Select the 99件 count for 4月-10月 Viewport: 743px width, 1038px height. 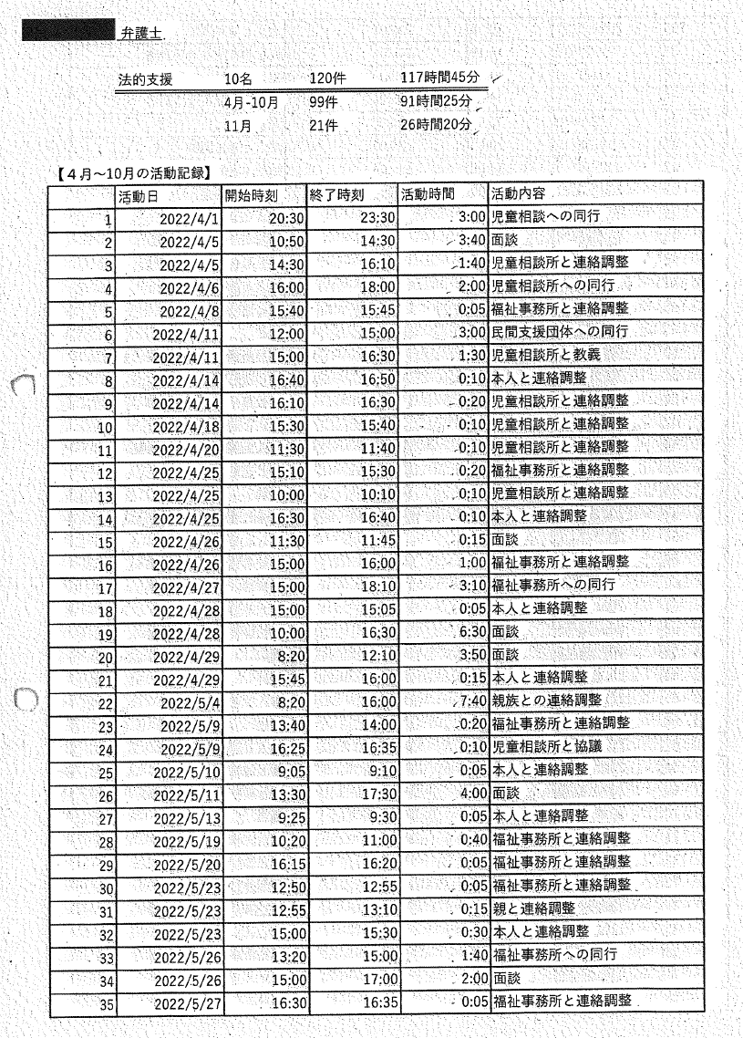point(323,102)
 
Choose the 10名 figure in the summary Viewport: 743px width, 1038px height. point(239,79)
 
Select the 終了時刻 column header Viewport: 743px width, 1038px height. point(339,195)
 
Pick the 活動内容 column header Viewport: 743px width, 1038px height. point(521,195)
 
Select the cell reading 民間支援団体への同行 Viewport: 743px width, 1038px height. point(559,333)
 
